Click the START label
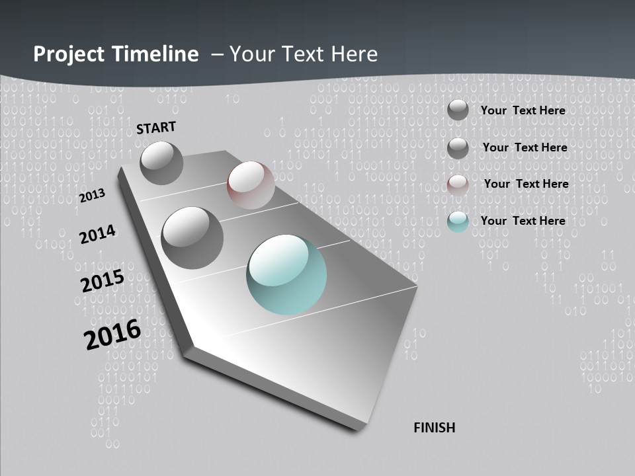(156, 128)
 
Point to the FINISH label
(434, 428)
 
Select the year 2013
(92, 196)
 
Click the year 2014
(97, 234)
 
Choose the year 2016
(112, 335)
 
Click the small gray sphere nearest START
(161, 163)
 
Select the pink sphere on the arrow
(251, 185)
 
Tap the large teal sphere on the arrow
(286, 274)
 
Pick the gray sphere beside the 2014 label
(192, 237)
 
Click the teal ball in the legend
(458, 221)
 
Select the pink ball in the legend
(458, 184)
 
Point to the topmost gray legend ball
(458, 110)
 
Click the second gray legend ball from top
(458, 147)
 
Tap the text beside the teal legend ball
(523, 221)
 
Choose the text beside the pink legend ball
(526, 184)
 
